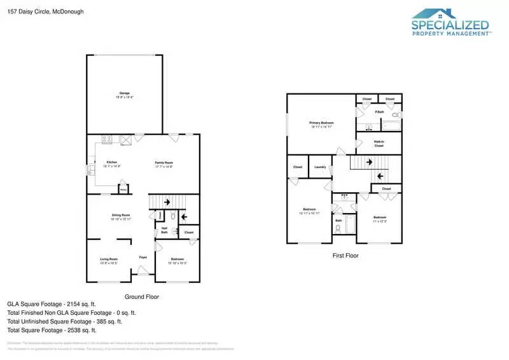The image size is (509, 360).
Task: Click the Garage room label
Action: click(x=124, y=93)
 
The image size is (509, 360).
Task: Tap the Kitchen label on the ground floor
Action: click(x=111, y=162)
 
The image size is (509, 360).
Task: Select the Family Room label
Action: click(x=164, y=162)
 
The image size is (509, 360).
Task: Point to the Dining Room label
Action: click(x=121, y=215)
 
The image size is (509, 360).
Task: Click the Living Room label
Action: click(x=109, y=259)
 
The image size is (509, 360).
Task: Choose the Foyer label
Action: click(x=143, y=257)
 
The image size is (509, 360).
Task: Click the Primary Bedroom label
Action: click(x=321, y=122)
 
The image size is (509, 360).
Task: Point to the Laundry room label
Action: click(x=320, y=167)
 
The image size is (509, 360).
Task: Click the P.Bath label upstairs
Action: click(x=379, y=113)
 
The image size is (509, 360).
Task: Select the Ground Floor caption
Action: click(x=141, y=296)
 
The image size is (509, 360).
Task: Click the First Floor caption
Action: click(x=345, y=255)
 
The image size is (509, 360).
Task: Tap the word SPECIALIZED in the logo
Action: click(x=450, y=25)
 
